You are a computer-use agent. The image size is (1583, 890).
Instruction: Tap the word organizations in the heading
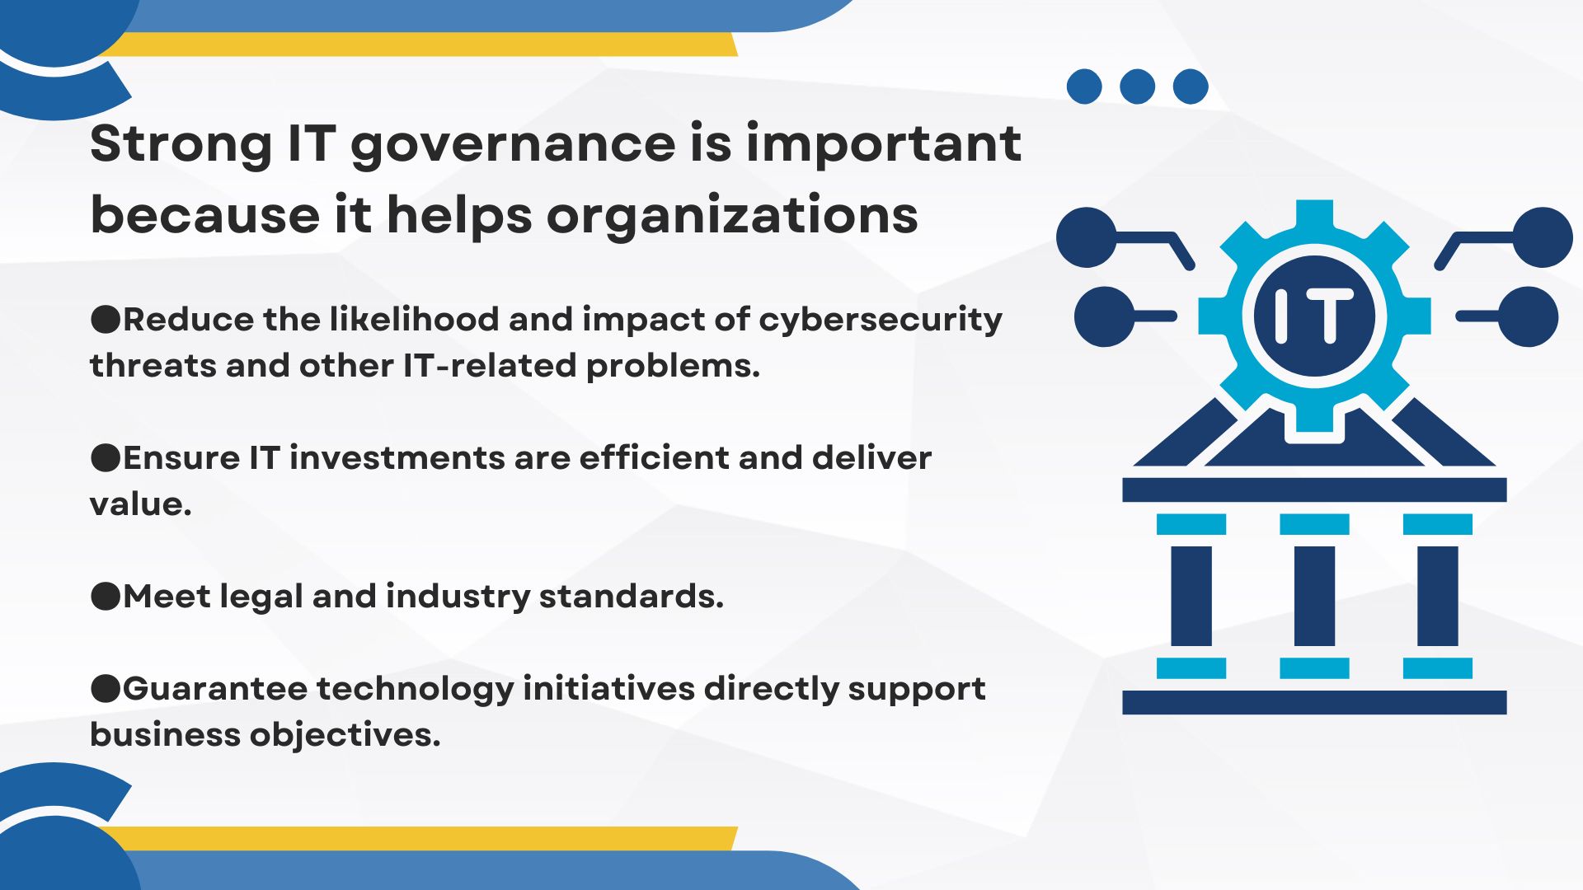point(732,215)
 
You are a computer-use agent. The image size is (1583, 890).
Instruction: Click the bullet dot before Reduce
point(106,319)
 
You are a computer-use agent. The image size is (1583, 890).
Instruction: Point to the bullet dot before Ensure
point(106,457)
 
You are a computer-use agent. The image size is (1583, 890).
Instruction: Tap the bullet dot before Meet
point(106,596)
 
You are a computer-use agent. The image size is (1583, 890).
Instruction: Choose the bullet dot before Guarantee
point(106,688)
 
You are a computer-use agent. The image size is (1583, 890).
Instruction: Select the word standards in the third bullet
point(632,596)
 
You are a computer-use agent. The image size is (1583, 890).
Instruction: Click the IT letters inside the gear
point(1314,316)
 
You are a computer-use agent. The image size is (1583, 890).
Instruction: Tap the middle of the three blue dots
point(1137,87)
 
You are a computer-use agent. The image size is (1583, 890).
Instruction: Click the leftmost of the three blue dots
point(1084,87)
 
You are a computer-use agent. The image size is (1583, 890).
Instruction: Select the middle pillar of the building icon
point(1314,596)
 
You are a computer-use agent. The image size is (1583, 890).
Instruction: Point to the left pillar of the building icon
point(1191,596)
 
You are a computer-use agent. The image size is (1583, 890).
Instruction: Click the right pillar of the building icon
point(1438,596)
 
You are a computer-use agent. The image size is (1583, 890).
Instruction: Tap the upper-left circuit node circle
point(1087,237)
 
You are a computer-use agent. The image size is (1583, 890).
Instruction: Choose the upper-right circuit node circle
point(1543,237)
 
